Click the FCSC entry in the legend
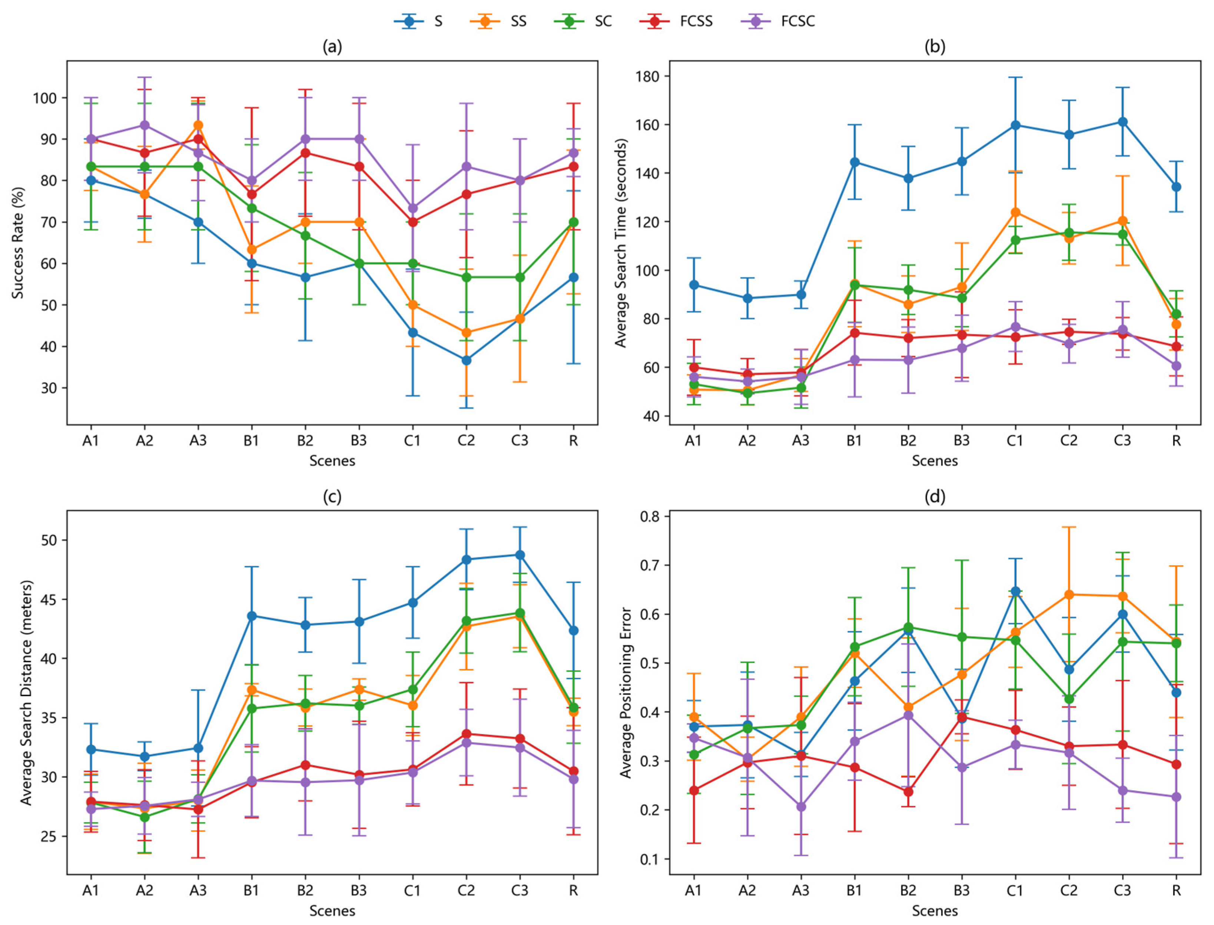(783, 21)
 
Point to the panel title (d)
(935, 497)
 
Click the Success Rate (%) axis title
(18, 243)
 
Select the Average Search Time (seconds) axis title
(621, 243)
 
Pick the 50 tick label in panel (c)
(49, 540)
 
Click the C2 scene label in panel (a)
(466, 441)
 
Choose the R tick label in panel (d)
(1176, 890)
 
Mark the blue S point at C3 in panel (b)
(1122, 122)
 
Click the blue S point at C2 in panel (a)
(466, 361)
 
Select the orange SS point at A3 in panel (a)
(198, 125)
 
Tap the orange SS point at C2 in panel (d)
(1069, 594)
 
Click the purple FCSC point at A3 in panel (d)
(801, 807)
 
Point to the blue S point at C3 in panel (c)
(520, 554)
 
